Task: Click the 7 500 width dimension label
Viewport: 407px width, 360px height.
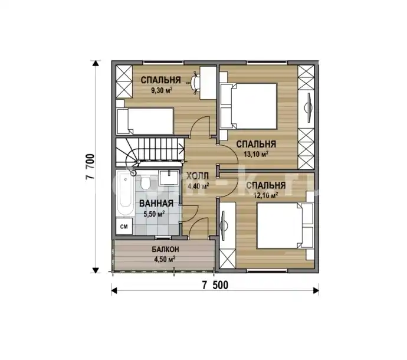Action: (x=215, y=285)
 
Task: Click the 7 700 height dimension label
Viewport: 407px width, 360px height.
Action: (x=90, y=167)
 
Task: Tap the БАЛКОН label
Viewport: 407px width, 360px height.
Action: (x=165, y=250)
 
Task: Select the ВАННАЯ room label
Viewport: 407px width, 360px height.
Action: (x=156, y=204)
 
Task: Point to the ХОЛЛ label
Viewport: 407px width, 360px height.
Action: (x=198, y=176)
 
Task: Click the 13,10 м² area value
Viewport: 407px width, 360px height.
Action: (x=256, y=154)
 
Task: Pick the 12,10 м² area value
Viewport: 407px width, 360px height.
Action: (x=266, y=195)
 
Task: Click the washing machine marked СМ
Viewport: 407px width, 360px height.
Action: (x=124, y=227)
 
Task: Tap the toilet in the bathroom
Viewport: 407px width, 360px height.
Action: (x=145, y=183)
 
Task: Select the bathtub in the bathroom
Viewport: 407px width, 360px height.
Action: (x=124, y=193)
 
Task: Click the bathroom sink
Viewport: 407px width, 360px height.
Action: (x=169, y=177)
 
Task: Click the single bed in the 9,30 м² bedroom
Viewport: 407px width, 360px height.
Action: (x=145, y=121)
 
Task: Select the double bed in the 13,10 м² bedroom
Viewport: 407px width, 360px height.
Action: (x=248, y=106)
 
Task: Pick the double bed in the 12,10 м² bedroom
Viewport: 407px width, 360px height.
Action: (x=285, y=225)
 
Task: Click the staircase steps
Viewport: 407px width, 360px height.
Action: (x=150, y=152)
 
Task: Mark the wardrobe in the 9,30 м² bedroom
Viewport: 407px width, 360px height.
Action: (x=124, y=81)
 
